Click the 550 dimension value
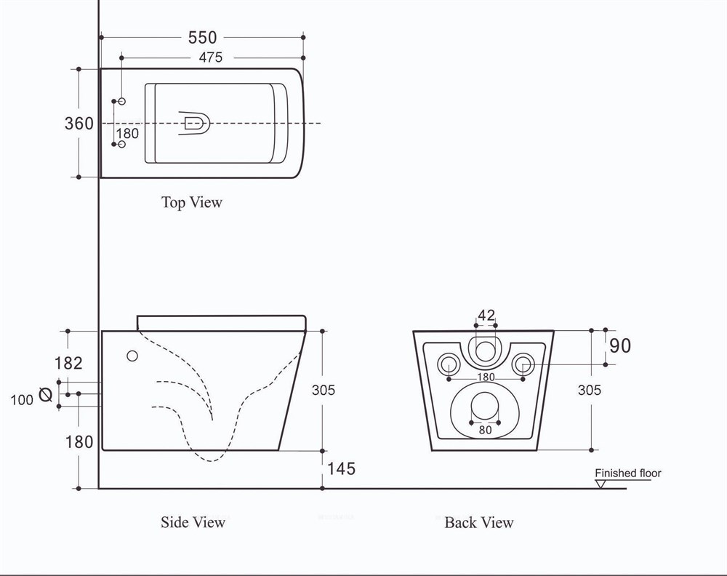click(202, 38)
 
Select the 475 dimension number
click(211, 57)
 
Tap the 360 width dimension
click(79, 124)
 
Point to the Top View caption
click(191, 202)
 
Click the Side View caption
click(193, 522)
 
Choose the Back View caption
click(479, 523)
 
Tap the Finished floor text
click(628, 473)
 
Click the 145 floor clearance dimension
click(342, 469)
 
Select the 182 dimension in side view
click(68, 363)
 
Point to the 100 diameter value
click(22, 400)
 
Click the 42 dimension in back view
click(486, 316)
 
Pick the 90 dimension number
click(620, 346)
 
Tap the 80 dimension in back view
click(485, 430)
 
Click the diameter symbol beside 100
click(45, 395)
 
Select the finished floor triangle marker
click(601, 484)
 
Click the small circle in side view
click(132, 356)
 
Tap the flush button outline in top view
click(194, 124)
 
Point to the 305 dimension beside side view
click(324, 390)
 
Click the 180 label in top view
click(127, 134)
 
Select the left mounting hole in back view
click(449, 364)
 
